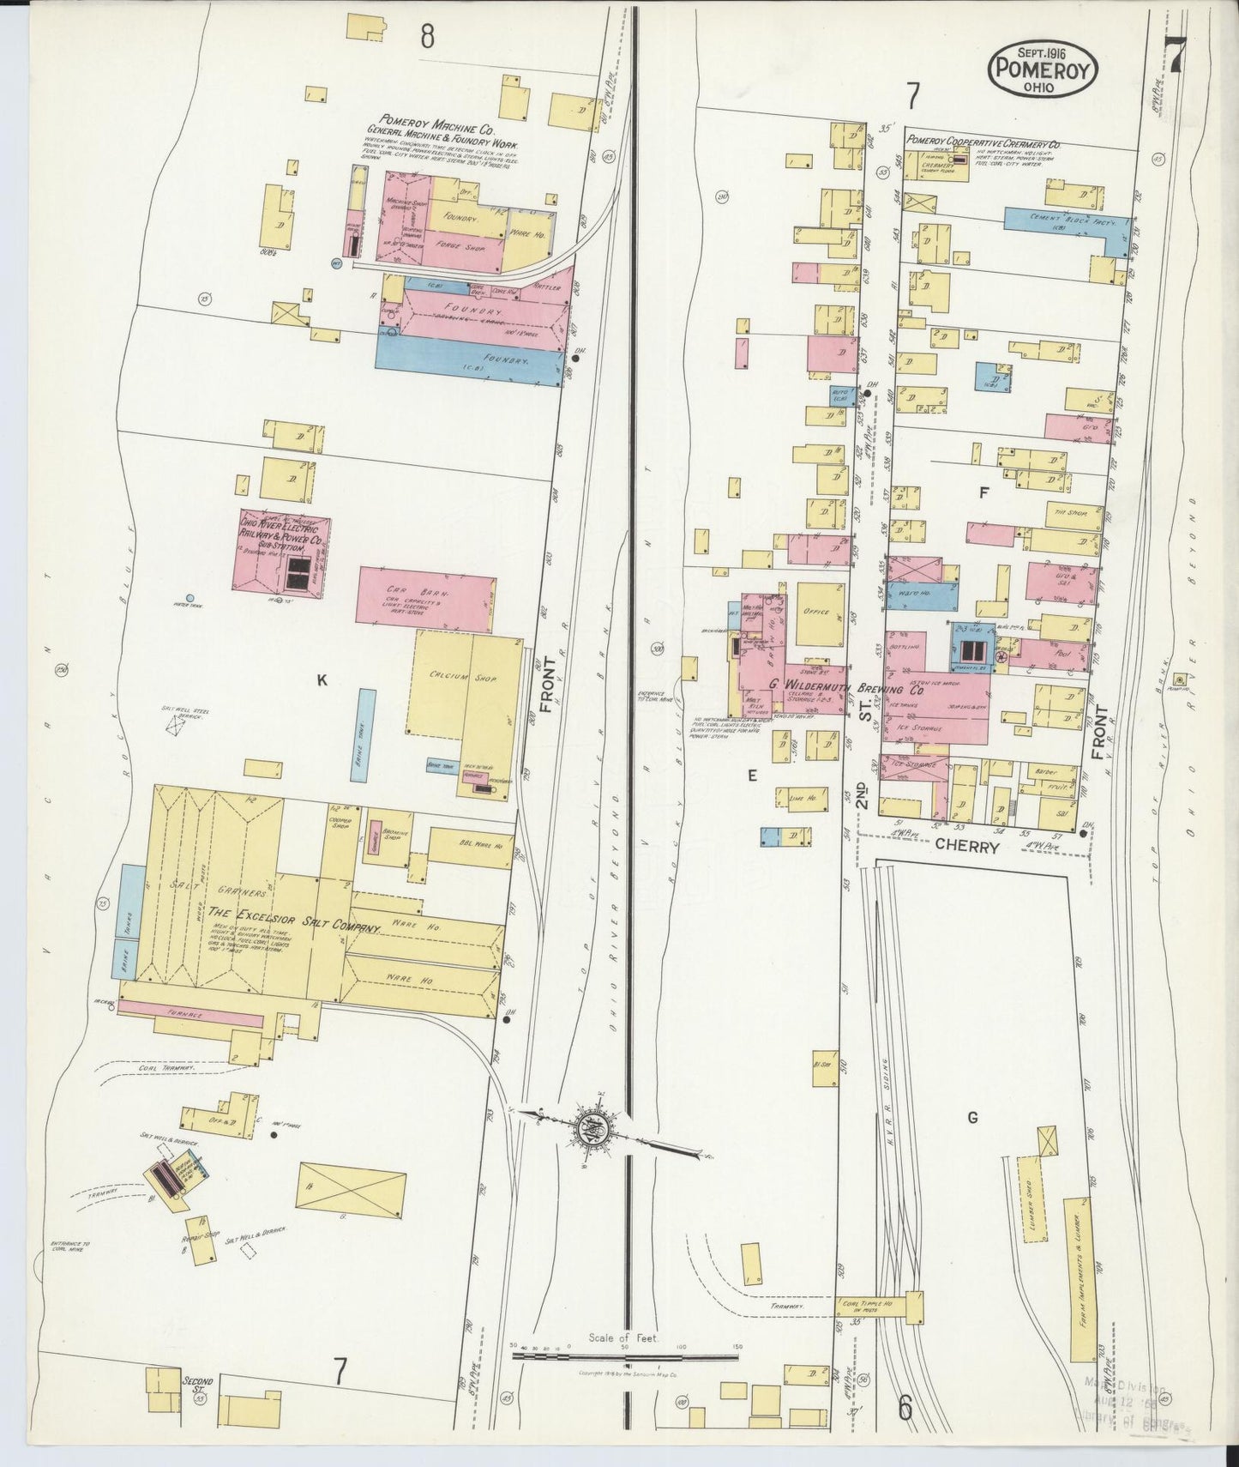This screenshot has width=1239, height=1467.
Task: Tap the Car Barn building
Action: click(x=425, y=598)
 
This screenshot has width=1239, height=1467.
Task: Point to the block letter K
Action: click(x=322, y=680)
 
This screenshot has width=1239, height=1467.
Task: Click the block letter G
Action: click(x=972, y=1117)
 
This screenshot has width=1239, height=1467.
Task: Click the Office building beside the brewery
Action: click(x=820, y=615)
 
